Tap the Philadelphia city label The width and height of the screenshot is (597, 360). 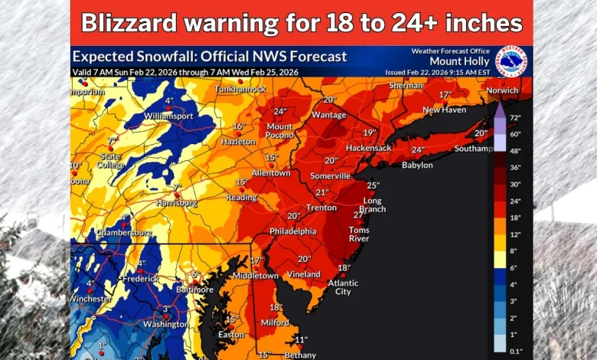[292, 231]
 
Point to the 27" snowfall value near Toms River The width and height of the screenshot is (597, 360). [358, 215]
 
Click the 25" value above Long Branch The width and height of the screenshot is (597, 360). [373, 185]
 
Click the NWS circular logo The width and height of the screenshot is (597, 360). [510, 61]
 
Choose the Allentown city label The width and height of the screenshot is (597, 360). [271, 173]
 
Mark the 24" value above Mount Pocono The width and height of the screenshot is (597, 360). [279, 110]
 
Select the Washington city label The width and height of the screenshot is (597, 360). [165, 324]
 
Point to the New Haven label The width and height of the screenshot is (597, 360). [444, 110]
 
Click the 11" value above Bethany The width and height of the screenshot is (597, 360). [301, 339]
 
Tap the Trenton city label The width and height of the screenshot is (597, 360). [321, 208]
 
